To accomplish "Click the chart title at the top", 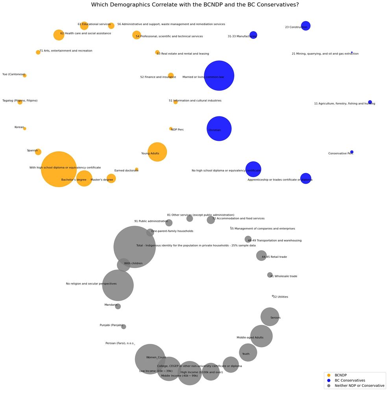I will [x=195, y=5].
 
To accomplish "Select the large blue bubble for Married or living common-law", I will [x=219, y=75].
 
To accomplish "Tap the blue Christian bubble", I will [x=219, y=129].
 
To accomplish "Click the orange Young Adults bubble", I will [x=157, y=152].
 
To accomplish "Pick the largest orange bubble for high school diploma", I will [x=59, y=169].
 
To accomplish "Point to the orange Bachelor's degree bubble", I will [x=84, y=178].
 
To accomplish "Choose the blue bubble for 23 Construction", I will [x=305, y=26].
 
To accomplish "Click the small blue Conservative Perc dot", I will [x=352, y=152].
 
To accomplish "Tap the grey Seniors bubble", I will [x=270, y=317].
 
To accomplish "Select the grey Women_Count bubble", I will [x=150, y=359].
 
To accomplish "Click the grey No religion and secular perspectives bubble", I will [x=118, y=285].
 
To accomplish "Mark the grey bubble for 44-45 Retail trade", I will [x=261, y=256].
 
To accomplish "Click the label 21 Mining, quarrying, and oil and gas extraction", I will [x=325, y=54].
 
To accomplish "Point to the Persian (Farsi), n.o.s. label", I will [x=120, y=343].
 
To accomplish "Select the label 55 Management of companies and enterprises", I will [x=262, y=229].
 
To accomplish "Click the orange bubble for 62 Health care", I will [x=59, y=35].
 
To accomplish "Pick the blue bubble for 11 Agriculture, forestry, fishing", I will [x=370, y=102].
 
